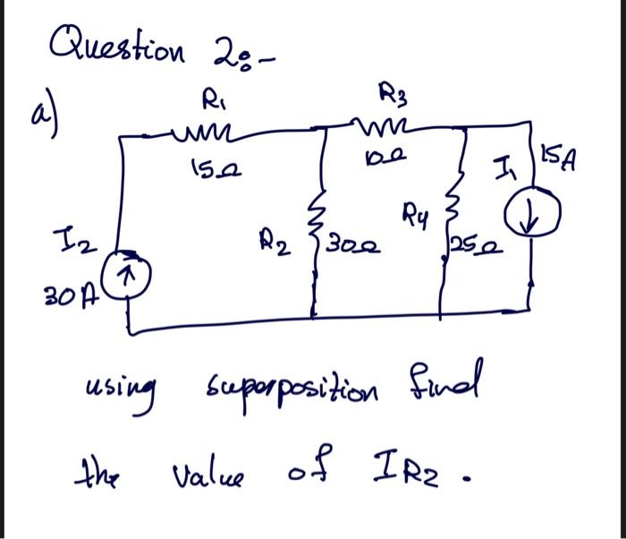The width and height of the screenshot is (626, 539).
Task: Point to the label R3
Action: [x=394, y=92]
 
